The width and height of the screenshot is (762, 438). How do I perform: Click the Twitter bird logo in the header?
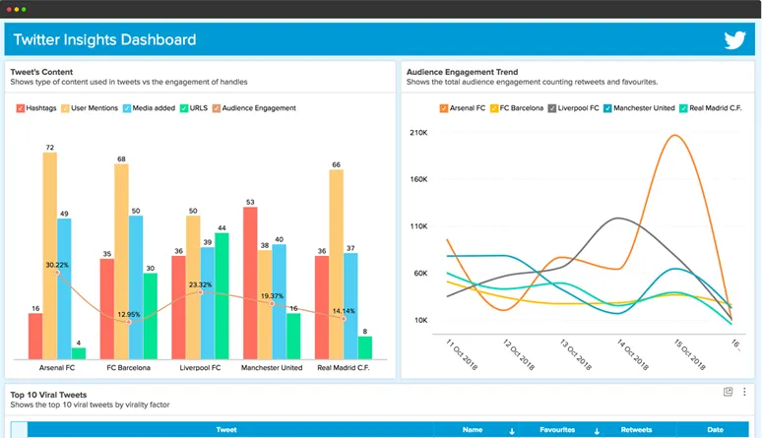coord(734,40)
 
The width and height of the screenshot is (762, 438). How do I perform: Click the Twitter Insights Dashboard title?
coord(104,40)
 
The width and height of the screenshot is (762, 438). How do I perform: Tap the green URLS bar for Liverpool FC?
coord(222,295)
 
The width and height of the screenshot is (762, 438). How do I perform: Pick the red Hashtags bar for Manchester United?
coord(250,282)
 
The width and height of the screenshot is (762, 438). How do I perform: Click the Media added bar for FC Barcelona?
coord(135,286)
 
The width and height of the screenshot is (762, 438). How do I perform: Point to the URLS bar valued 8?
coord(364,346)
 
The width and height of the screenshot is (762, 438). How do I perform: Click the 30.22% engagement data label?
coord(57,265)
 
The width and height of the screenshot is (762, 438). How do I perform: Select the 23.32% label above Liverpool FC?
coord(200,284)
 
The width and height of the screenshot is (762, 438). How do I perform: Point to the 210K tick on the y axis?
coord(417,132)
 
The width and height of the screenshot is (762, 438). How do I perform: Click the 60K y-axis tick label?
coord(419,273)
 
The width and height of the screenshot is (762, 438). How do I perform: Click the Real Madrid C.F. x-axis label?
coord(344,367)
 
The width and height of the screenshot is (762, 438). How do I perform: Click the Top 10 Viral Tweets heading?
coord(48,394)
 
